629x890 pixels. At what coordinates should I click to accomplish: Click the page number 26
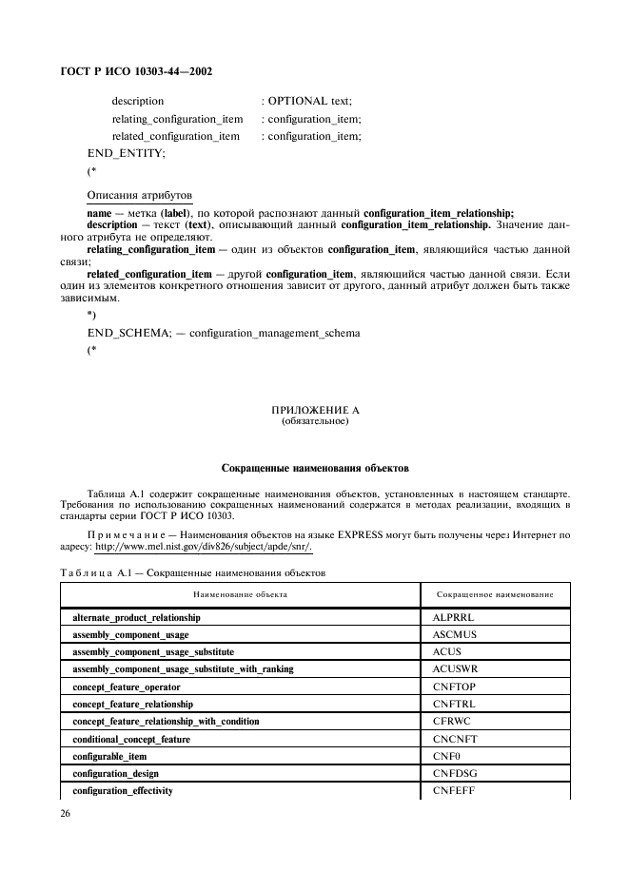coord(67,813)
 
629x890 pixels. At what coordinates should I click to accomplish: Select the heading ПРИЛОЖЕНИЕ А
coord(315,410)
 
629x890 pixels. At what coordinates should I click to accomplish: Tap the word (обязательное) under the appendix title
coord(315,420)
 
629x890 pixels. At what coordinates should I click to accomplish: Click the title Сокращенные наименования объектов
coord(314,469)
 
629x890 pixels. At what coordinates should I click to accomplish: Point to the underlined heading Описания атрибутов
coord(140,194)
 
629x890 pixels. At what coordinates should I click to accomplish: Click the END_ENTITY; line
coord(126,153)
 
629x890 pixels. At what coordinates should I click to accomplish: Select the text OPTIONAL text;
coord(309,101)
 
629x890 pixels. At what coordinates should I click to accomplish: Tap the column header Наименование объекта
coord(240,594)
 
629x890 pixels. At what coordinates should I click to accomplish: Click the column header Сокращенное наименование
coord(495,594)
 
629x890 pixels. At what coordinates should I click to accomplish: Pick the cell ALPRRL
coord(452,618)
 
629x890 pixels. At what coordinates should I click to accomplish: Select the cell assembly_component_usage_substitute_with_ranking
coord(183,669)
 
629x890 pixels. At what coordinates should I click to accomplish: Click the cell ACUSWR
coord(455,669)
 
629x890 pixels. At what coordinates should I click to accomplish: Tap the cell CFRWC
coord(452,722)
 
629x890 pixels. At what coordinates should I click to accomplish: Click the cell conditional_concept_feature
coord(131,739)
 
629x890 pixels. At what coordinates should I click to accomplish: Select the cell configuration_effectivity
coord(123,790)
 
